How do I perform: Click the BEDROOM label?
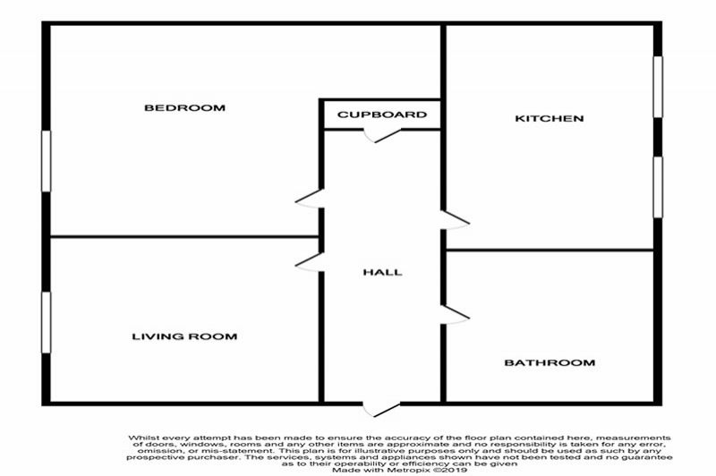(x=184, y=108)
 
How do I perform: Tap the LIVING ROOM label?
(x=184, y=336)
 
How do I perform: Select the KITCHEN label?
(x=550, y=119)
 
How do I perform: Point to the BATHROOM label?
(x=550, y=363)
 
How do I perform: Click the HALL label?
(x=383, y=273)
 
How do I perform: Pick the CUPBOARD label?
(x=382, y=115)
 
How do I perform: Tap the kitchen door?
(x=455, y=220)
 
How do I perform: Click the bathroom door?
(x=455, y=315)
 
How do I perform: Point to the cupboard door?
(x=382, y=135)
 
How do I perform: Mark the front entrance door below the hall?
(x=382, y=410)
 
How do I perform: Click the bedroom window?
(x=47, y=161)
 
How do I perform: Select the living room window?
(x=47, y=322)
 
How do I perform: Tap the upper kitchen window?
(x=658, y=87)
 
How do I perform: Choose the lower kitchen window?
(x=658, y=187)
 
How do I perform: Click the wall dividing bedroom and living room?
(x=184, y=237)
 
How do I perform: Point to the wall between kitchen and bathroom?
(x=550, y=251)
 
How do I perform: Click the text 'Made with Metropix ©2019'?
(x=399, y=470)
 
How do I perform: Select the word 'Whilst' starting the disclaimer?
(x=142, y=438)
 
